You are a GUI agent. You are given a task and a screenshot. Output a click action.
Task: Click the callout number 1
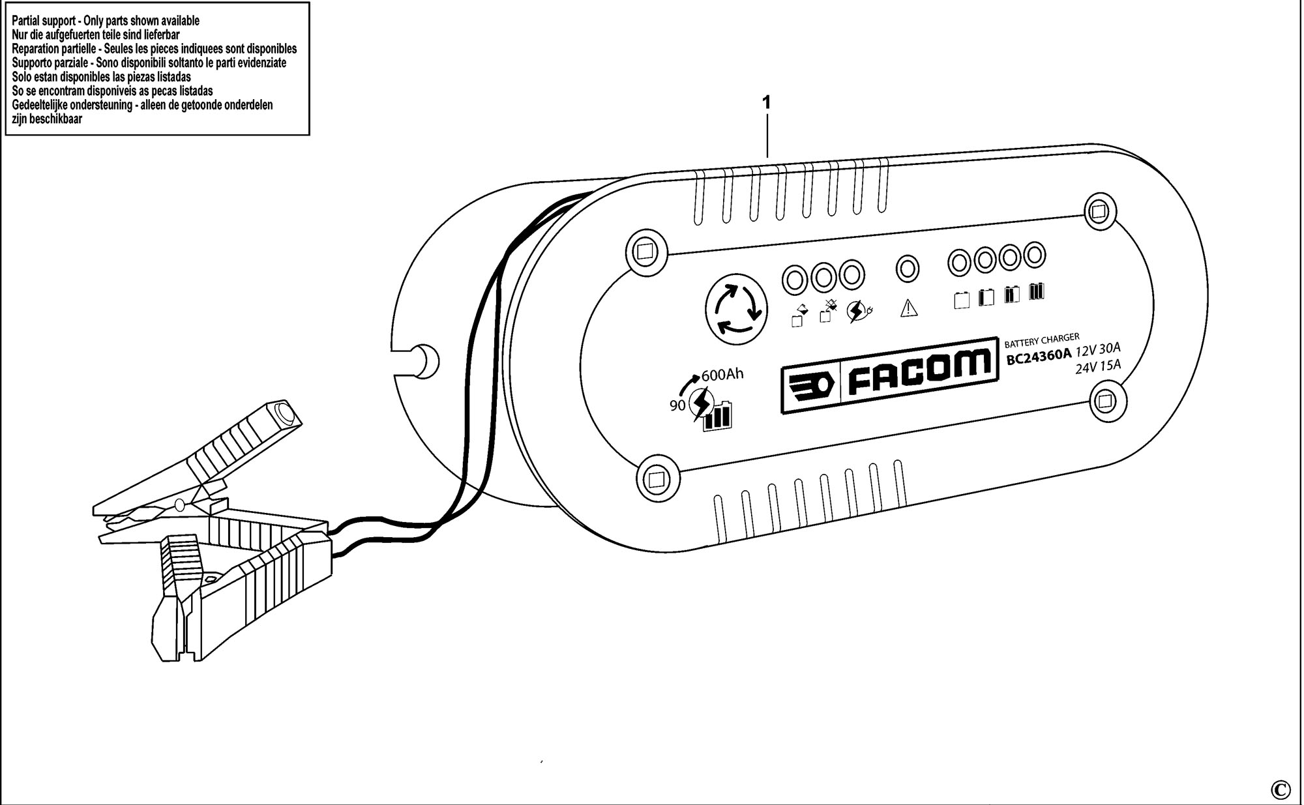point(767,102)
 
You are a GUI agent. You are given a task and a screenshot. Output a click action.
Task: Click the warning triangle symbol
point(908,308)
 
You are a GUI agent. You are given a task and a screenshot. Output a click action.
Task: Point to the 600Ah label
point(722,375)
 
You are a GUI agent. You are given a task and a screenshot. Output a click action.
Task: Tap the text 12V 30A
point(1098,349)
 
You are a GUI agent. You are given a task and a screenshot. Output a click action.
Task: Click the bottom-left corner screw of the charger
point(655,480)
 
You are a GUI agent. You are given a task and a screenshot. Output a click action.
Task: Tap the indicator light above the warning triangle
point(908,268)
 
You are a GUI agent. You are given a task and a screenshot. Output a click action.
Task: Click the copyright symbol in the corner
point(1281,789)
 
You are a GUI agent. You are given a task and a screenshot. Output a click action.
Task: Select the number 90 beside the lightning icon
point(677,405)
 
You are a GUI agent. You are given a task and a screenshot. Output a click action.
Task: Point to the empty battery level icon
point(962,299)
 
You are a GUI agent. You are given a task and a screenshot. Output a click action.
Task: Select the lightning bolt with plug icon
point(858,312)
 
